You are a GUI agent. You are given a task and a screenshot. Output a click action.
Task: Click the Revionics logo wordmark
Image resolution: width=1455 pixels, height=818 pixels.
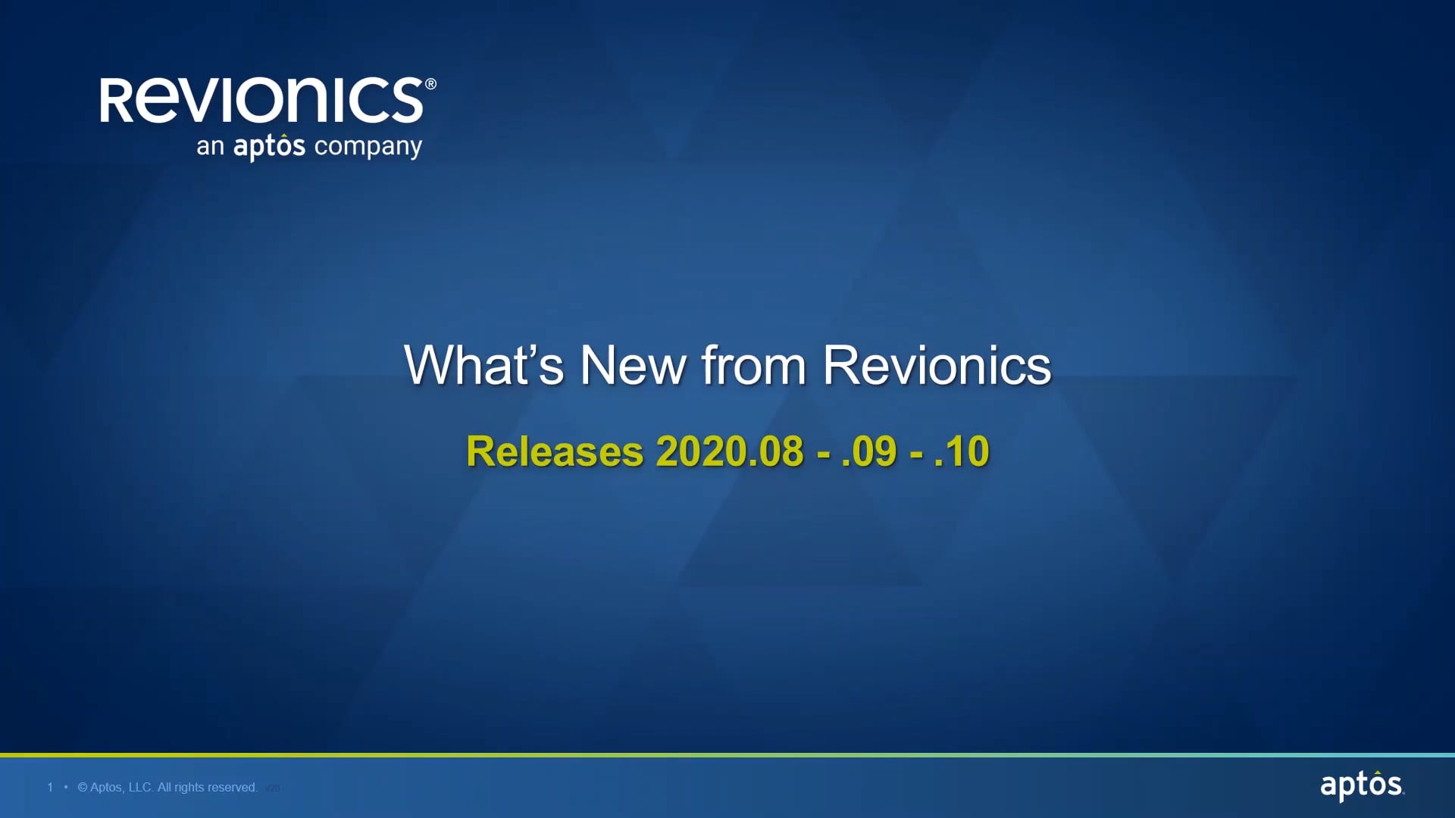click(x=261, y=101)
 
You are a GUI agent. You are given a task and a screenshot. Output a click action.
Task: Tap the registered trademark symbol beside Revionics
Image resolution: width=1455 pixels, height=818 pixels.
click(x=430, y=84)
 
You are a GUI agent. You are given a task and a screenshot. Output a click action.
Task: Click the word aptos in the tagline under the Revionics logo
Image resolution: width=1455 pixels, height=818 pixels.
click(x=269, y=146)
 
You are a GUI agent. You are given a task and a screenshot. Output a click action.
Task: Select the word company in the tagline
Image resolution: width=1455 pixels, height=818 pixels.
click(x=368, y=147)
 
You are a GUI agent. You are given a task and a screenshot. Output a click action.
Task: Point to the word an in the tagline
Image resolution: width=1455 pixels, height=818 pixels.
click(x=210, y=147)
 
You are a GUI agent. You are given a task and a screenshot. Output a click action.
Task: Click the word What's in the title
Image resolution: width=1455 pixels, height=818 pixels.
click(x=483, y=366)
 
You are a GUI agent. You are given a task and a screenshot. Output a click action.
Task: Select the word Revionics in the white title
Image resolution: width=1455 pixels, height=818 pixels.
click(x=937, y=366)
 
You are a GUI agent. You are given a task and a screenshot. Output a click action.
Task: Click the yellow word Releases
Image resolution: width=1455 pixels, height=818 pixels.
click(x=555, y=452)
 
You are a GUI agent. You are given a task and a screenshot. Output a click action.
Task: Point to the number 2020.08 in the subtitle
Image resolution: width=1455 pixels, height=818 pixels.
click(x=729, y=452)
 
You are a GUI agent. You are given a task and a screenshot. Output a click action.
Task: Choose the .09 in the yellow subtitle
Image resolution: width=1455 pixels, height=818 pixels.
click(x=869, y=452)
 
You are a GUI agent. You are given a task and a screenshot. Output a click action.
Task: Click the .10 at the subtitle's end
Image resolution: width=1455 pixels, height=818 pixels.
click(x=962, y=452)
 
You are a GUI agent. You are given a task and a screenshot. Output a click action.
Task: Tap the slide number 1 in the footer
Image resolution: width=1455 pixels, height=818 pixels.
click(x=50, y=788)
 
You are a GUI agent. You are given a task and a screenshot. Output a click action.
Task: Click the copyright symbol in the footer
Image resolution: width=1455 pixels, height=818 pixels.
click(x=83, y=788)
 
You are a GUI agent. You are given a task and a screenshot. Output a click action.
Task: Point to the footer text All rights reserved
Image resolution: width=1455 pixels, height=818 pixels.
click(x=208, y=788)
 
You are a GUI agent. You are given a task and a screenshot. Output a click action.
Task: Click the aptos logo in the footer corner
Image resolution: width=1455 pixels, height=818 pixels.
click(x=1361, y=785)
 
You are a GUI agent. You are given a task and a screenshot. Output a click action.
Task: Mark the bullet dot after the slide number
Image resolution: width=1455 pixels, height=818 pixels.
click(x=66, y=788)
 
